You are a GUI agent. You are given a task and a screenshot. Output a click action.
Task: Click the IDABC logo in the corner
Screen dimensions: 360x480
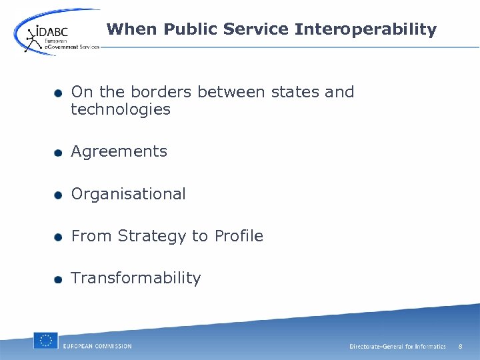pos(57,33)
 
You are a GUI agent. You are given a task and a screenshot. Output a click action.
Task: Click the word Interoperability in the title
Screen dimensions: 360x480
pos(365,29)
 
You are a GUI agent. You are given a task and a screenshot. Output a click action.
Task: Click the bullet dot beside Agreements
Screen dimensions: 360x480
pos(59,153)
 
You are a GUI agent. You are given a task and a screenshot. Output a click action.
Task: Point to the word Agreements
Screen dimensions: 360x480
pos(119,152)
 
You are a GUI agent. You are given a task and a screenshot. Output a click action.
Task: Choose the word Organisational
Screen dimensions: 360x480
pos(128,194)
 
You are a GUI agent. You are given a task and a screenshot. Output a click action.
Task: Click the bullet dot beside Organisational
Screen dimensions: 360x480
pos(59,195)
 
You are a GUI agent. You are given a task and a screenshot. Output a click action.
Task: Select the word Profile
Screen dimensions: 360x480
pos(239,236)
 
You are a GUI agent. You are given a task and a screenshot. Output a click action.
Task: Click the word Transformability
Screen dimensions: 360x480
pos(135,278)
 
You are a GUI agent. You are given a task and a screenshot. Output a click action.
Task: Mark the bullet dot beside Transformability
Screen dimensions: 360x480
pos(59,279)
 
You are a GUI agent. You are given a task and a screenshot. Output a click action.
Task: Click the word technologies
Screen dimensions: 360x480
pos(121,109)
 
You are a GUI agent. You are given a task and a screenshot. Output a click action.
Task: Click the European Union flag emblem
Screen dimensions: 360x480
pos(45,341)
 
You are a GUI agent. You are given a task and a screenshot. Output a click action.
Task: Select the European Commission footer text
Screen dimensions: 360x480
pos(97,346)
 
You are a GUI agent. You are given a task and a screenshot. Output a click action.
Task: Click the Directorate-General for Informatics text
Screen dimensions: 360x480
pos(397,347)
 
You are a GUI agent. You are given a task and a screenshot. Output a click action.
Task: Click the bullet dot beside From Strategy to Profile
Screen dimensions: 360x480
pos(59,237)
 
